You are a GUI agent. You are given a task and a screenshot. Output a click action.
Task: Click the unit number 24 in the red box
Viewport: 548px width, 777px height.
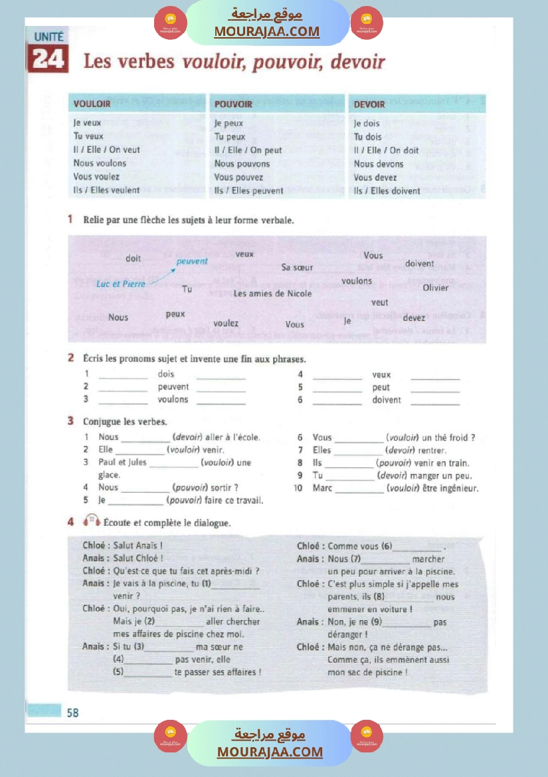tap(48, 60)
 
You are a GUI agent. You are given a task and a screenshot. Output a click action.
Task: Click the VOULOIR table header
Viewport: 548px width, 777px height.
tap(92, 104)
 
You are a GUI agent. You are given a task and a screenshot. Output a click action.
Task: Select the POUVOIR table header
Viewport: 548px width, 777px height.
tap(233, 104)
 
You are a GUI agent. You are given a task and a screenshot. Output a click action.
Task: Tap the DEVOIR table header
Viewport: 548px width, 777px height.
tap(369, 104)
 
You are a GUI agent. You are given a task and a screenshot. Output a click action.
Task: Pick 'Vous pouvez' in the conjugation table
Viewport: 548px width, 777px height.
tap(238, 177)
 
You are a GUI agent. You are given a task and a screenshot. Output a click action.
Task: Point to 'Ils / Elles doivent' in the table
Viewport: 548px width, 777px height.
tap(387, 191)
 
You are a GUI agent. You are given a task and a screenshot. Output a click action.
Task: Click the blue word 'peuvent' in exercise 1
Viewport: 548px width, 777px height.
tap(192, 261)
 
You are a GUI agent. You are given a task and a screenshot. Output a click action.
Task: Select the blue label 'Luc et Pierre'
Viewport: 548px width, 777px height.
tap(121, 284)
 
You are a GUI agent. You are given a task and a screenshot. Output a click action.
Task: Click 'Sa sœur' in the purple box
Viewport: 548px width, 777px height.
tap(297, 268)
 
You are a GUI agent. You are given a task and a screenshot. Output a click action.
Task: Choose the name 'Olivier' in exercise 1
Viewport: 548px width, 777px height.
tap(435, 288)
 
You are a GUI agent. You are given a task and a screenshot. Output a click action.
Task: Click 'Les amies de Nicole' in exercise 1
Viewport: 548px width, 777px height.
tap(272, 294)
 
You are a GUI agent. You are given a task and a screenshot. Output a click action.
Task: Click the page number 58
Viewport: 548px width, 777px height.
tap(72, 713)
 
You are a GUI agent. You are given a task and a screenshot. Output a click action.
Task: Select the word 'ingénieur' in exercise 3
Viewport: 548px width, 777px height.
tap(458, 488)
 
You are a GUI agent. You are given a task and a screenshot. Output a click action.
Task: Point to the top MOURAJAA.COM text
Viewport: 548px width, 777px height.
tap(267, 31)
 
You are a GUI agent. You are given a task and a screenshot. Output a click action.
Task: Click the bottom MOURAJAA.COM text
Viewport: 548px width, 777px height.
tap(270, 752)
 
